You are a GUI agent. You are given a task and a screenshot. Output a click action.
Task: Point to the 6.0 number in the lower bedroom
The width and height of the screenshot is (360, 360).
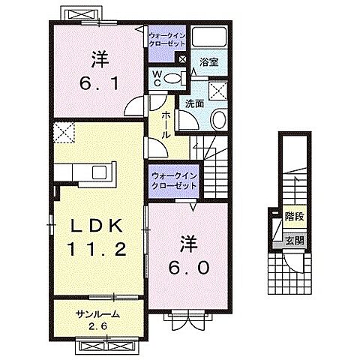coord(187,267)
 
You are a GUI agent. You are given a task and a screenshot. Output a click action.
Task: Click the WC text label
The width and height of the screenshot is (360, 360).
coord(157,79)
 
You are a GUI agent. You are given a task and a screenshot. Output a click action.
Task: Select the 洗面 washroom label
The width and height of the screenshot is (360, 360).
coord(195,104)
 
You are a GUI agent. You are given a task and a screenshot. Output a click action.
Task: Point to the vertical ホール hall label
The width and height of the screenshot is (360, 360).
coord(165,122)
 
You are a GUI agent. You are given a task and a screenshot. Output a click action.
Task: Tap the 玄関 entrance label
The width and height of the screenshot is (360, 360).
coord(295,240)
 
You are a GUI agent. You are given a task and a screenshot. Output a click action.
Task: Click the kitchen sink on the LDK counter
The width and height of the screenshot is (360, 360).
coord(99,172)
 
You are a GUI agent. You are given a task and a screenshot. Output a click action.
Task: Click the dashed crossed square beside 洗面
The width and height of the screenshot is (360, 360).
coord(218,90)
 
